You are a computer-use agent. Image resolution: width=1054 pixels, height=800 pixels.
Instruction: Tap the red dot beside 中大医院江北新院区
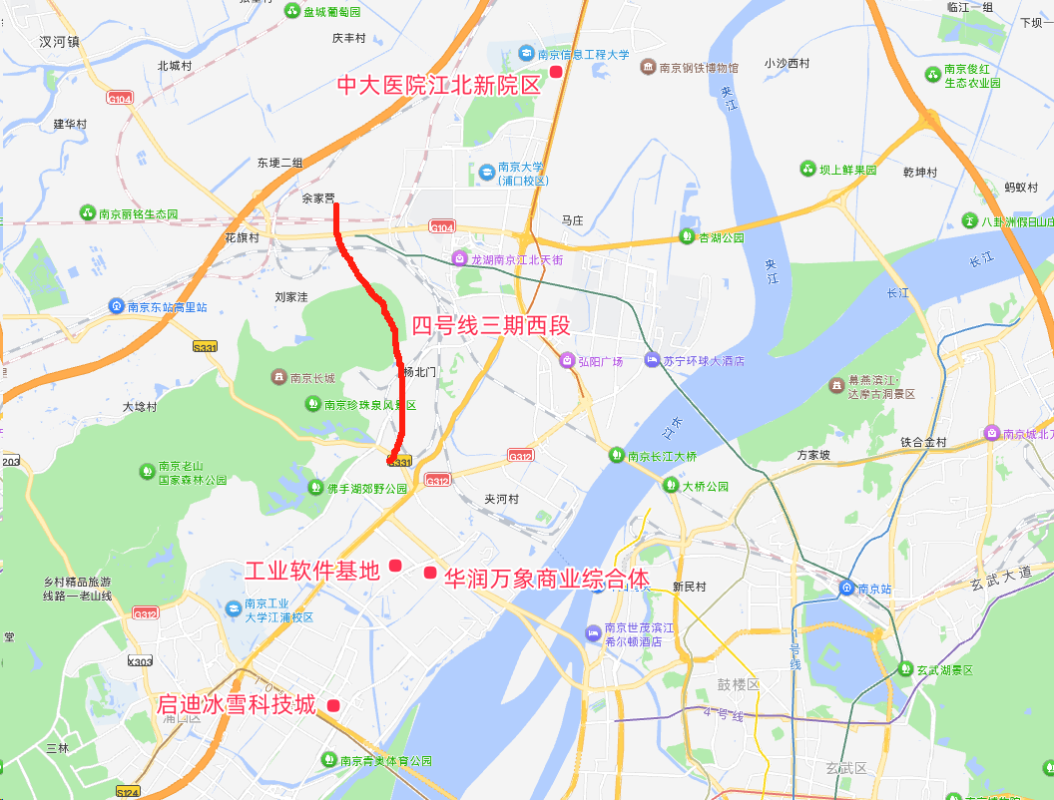pos(556,72)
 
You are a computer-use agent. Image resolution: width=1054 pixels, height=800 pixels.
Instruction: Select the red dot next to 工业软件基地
pos(395,566)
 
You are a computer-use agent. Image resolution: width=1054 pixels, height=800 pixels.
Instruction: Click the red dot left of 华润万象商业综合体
pos(430,572)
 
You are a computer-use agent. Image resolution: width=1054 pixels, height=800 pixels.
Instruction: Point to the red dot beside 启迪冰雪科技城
pos(333,705)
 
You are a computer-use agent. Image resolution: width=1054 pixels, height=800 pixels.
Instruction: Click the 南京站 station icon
pos(846,588)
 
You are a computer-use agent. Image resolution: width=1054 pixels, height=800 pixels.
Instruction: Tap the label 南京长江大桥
pos(662,456)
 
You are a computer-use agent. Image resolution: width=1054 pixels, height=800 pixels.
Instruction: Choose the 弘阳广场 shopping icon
pos(566,361)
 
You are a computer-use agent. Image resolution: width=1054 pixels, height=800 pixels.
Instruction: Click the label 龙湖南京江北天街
pos(517,259)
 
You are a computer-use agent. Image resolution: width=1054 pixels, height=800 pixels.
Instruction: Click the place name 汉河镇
pos(59,42)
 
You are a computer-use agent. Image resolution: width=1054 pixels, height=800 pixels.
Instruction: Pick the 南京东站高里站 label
pos(167,307)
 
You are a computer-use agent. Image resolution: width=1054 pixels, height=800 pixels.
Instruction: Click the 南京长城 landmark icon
pos(278,377)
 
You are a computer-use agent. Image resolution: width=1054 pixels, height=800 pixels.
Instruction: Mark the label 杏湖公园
pos(722,237)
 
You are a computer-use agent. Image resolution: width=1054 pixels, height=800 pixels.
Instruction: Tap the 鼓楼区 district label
pos(739,685)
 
